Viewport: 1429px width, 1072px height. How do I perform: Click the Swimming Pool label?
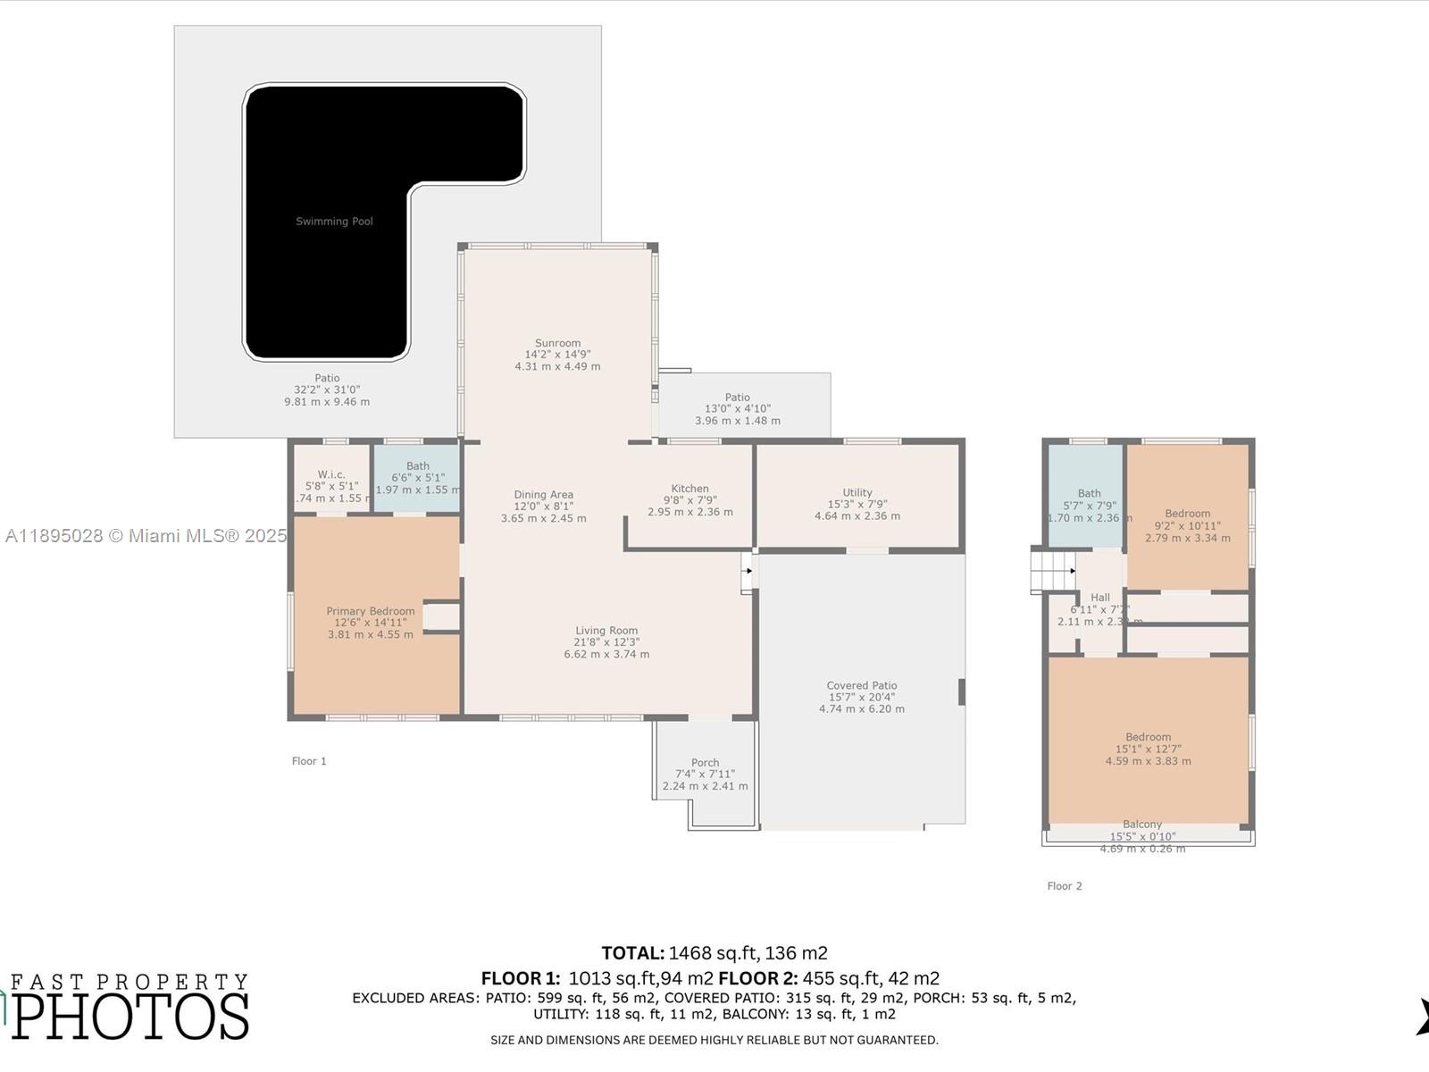tap(334, 222)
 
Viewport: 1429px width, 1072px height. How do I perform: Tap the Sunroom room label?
tap(557, 343)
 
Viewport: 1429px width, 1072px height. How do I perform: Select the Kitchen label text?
tap(689, 489)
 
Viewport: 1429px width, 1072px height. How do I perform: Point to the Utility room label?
tap(857, 492)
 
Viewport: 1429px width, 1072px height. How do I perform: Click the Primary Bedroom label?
tap(370, 611)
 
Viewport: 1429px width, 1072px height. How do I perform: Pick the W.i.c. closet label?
tap(330, 474)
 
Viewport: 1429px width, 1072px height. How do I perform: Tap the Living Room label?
tap(606, 631)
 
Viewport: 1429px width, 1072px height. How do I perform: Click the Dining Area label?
tap(543, 495)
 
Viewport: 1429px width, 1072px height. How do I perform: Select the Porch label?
tap(705, 763)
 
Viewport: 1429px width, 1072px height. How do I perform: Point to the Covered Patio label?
tap(861, 686)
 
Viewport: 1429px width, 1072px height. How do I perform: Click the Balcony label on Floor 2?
tap(1142, 825)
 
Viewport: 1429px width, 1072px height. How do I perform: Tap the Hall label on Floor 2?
tap(1099, 598)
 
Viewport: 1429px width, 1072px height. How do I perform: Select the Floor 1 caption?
tap(309, 761)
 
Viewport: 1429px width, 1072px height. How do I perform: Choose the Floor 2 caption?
tap(1064, 886)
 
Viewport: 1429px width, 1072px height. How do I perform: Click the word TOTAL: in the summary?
tap(632, 953)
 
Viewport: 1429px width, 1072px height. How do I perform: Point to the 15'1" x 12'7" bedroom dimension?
tap(1148, 750)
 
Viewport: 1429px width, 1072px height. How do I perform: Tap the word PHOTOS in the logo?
tap(130, 1017)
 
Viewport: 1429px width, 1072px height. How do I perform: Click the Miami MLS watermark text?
tap(146, 536)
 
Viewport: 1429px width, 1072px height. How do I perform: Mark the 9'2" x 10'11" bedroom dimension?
tap(1187, 526)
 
